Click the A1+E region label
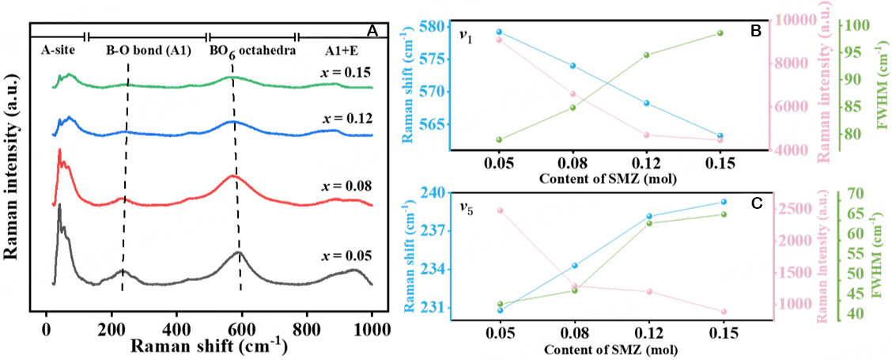click(344, 50)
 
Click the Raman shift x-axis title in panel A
click(208, 346)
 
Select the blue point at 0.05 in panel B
click(500, 32)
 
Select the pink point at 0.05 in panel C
click(500, 210)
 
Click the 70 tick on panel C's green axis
click(856, 193)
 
